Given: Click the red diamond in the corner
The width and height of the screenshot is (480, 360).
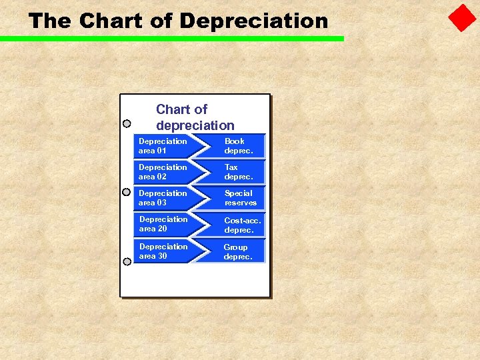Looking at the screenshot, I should [462, 19].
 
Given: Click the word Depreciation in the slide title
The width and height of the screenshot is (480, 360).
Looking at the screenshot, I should [254, 21].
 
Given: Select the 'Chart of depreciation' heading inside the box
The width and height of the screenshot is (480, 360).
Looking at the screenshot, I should [195, 117].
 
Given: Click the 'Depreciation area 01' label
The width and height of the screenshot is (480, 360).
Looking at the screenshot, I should [163, 146].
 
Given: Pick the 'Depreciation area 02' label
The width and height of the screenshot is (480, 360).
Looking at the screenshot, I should [163, 172].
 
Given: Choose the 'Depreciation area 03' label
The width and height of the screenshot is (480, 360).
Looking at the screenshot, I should [163, 198].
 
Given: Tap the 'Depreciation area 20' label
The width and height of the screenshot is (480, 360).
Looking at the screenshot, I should [163, 224].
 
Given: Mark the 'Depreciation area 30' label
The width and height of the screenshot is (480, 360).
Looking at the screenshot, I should [163, 251].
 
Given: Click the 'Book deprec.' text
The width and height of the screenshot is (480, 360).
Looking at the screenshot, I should [238, 146].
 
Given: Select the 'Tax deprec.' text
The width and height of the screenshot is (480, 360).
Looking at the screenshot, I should [238, 172].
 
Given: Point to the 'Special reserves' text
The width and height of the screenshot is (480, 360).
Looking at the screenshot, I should [240, 198].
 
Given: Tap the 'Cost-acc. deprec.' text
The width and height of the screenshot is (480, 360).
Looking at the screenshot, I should [242, 225].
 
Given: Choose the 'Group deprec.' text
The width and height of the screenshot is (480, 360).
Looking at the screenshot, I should [238, 252].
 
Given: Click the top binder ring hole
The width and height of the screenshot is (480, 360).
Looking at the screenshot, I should [127, 123].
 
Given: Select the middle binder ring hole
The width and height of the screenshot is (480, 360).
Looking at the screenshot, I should [127, 192].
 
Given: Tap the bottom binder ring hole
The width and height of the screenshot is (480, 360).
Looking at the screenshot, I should [127, 261].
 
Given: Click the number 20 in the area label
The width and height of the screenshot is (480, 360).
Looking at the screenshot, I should [162, 229].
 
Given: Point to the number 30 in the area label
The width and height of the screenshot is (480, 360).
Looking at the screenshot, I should [162, 256].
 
